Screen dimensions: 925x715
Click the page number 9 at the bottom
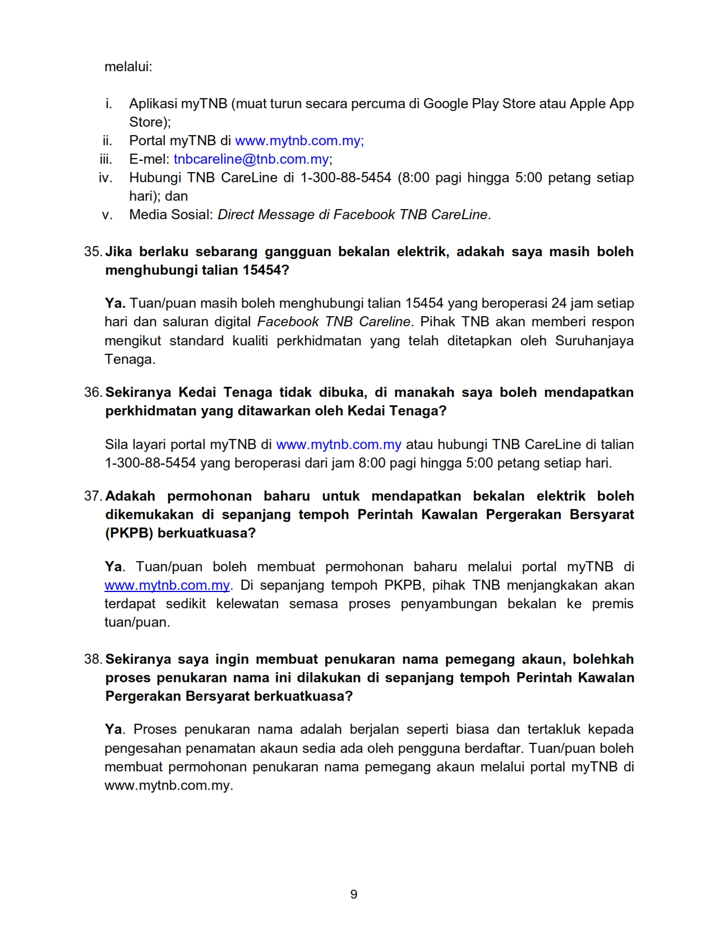[353, 894]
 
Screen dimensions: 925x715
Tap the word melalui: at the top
[128, 67]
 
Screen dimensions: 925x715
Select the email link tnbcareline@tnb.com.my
[252, 159]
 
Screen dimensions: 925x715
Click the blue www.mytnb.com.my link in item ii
[299, 141]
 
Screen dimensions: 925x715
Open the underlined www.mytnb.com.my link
[167, 585]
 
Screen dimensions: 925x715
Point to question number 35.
[93, 252]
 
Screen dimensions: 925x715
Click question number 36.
[93, 392]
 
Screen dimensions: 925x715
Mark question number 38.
[93, 659]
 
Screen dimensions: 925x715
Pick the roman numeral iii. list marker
[106, 159]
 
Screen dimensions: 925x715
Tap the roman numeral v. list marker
[107, 215]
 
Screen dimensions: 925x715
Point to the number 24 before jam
[559, 303]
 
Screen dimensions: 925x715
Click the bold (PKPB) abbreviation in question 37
[129, 533]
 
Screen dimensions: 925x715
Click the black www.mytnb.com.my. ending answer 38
[168, 785]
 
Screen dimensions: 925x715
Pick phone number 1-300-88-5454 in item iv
[345, 178]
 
